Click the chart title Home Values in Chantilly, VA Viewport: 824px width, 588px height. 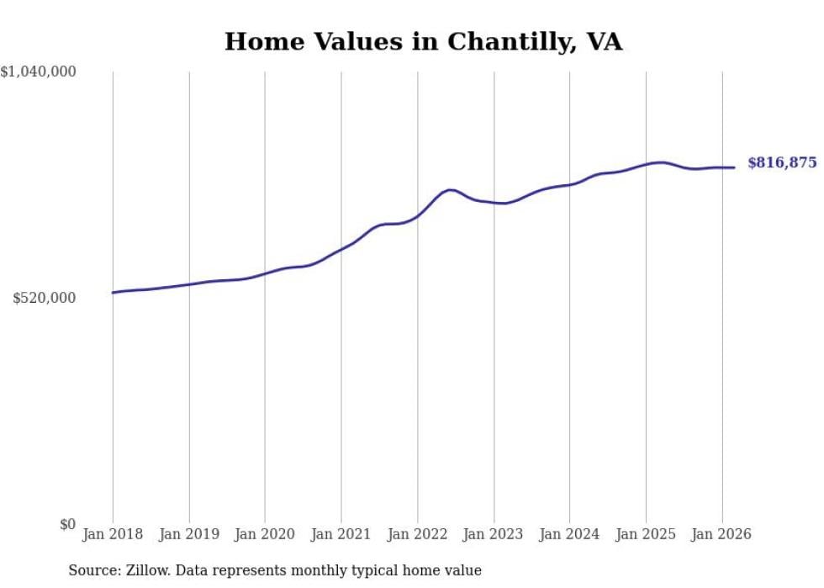[x=423, y=41]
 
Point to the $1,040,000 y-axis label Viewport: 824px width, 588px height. [x=39, y=72]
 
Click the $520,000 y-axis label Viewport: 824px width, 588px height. [x=45, y=299]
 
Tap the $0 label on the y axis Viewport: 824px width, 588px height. [x=67, y=525]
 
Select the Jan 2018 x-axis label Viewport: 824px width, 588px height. [x=113, y=534]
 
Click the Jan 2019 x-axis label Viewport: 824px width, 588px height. [x=189, y=534]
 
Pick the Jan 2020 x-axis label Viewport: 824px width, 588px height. [x=265, y=534]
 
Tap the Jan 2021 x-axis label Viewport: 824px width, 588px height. [x=341, y=534]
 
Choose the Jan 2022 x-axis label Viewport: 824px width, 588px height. [x=417, y=534]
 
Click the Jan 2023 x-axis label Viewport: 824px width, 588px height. [x=494, y=534]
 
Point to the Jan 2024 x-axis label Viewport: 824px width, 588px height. [x=569, y=534]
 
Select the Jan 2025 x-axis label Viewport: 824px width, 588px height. [x=646, y=534]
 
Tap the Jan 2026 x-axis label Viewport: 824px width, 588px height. [x=721, y=534]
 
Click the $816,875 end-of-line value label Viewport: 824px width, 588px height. [x=782, y=163]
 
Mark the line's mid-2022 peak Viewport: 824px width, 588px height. [x=452, y=190]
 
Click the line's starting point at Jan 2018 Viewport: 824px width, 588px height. [x=113, y=293]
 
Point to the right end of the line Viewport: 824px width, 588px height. [x=734, y=167]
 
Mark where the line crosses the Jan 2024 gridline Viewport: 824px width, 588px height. [x=569, y=184]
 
